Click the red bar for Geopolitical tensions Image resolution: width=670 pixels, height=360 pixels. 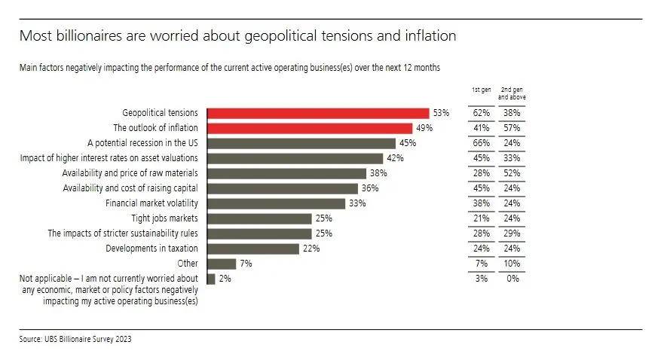point(317,113)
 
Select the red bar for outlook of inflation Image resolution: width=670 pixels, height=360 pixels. point(309,128)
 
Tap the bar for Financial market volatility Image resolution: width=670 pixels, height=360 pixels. point(275,203)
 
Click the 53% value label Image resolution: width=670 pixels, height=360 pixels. point(441,113)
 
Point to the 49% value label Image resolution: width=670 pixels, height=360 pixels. point(424,128)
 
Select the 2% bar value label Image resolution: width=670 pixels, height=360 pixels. point(225,279)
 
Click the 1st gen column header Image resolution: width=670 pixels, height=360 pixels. point(482,90)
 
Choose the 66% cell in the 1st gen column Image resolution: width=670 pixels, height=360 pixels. point(482,143)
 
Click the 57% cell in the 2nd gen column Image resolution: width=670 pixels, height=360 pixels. point(512,128)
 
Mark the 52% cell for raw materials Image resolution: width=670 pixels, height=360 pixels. point(512,173)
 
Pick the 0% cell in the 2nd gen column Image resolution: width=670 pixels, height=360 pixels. point(513,279)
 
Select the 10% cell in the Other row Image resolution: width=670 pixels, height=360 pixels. point(512,264)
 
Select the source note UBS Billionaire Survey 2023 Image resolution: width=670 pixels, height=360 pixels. point(75,340)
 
